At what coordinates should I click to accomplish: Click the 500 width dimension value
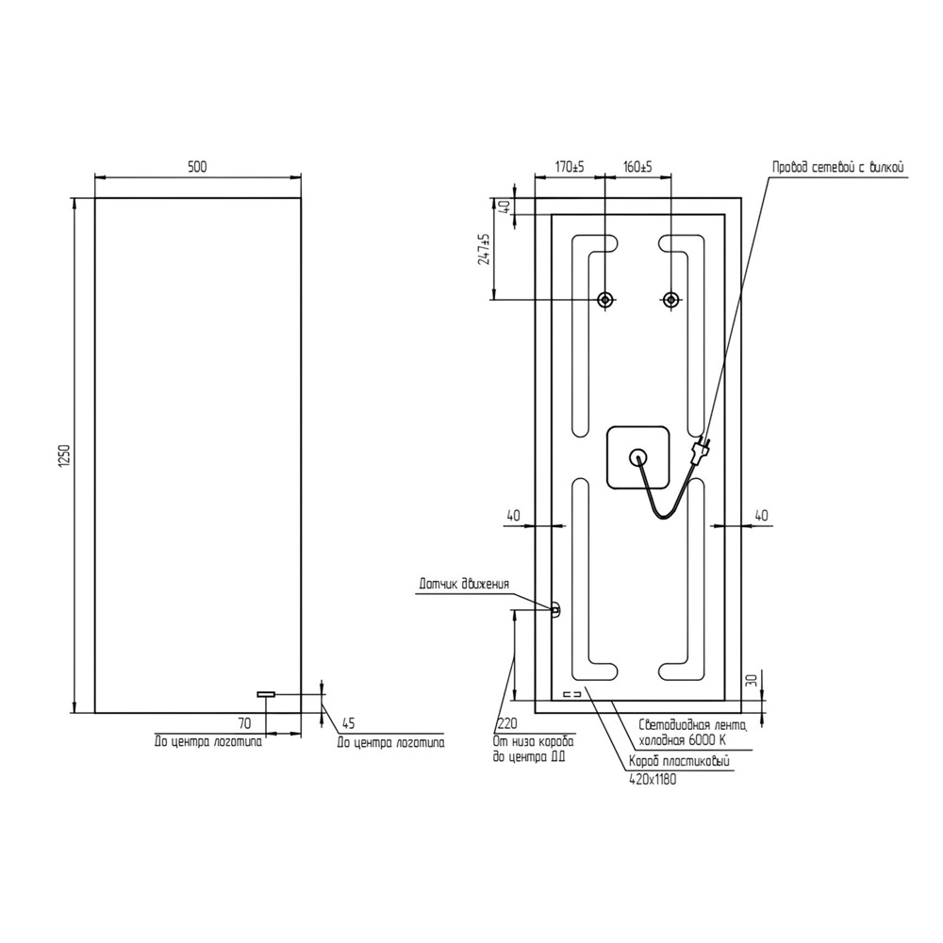tap(196, 167)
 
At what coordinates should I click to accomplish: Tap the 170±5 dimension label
tap(569, 167)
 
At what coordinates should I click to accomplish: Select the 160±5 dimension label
tap(637, 167)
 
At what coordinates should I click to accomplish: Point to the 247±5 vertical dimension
tap(484, 250)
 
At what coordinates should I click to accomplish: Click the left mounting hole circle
tap(605, 300)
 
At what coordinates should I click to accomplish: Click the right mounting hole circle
tap(670, 300)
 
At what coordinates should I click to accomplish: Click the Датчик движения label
tap(464, 585)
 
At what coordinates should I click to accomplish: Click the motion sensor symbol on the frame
tap(554, 609)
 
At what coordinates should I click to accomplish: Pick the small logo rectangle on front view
tap(266, 694)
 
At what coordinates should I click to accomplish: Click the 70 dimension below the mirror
tap(244, 724)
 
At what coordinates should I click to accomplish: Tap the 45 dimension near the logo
tap(347, 724)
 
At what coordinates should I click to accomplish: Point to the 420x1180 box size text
tap(652, 780)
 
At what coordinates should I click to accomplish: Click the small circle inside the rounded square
tap(638, 457)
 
